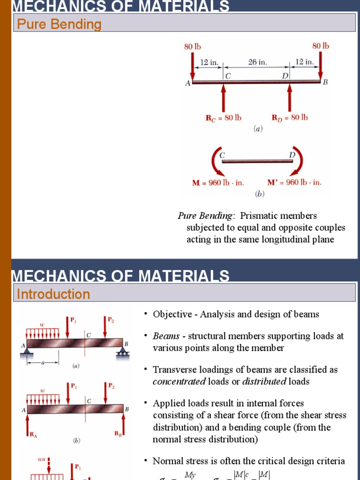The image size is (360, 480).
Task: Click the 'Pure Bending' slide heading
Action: (x=59, y=24)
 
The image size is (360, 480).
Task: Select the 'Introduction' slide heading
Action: (x=53, y=294)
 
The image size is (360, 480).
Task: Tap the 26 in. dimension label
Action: (x=257, y=62)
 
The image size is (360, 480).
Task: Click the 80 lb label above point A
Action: (x=192, y=46)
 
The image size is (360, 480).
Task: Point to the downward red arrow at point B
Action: (x=321, y=66)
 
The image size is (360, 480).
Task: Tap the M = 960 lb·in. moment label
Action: (x=218, y=183)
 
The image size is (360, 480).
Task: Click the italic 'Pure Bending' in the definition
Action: (x=205, y=216)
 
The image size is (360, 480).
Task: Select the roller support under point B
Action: (x=124, y=352)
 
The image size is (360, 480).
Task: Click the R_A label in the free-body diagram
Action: (x=33, y=435)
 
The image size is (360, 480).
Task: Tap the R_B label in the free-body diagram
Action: (x=119, y=434)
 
